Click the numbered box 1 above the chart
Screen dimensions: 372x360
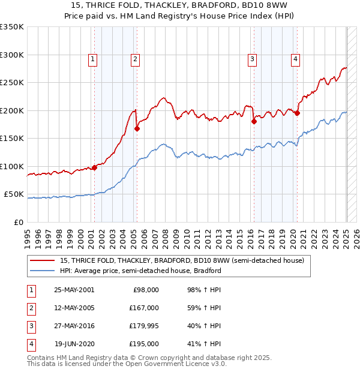click(94, 59)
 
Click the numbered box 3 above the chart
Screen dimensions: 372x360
click(253, 59)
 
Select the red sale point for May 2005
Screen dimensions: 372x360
click(137, 128)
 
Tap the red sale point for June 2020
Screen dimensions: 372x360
click(297, 113)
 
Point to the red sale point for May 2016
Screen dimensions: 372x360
click(254, 121)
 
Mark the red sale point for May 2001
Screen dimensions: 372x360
click(94, 167)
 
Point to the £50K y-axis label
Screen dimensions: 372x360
click(14, 194)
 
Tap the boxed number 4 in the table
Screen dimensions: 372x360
click(31, 344)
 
